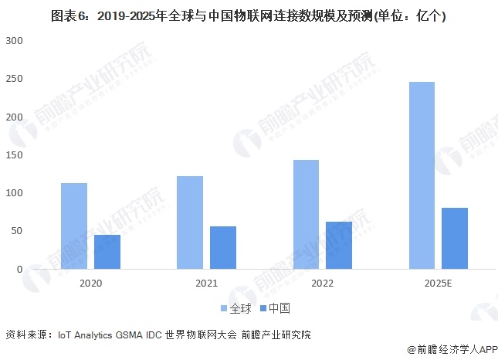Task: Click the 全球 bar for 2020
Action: pos(74,226)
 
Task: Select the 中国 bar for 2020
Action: pos(107,252)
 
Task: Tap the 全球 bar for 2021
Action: pos(190,222)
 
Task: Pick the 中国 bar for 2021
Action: pos(223,247)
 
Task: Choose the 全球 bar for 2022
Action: pos(306,215)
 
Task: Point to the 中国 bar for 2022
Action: pos(339,245)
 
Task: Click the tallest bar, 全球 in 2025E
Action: pos(422,175)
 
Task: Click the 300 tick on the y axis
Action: pos(13,40)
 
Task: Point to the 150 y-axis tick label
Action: pos(13,155)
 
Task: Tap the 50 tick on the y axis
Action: pos(16,231)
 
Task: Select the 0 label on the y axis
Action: pos(19,270)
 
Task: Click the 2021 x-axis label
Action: pos(206,284)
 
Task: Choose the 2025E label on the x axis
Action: pos(438,284)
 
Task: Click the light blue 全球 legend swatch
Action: pos(224,308)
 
